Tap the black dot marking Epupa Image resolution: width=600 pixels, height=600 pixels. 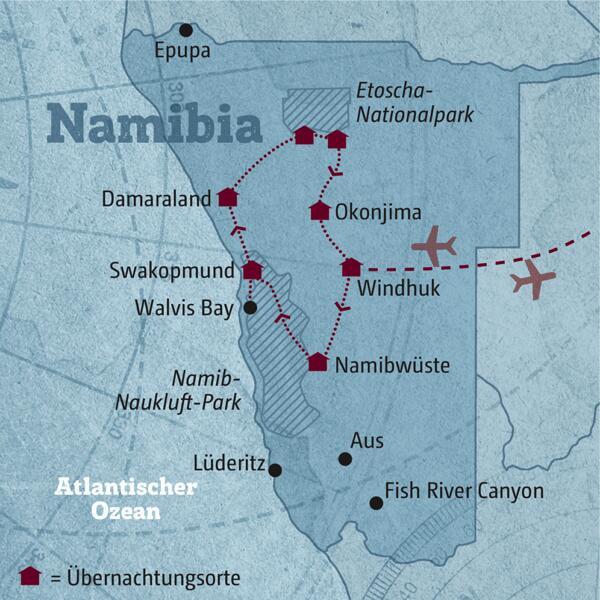[185, 31]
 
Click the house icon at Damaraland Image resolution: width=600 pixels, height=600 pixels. [228, 197]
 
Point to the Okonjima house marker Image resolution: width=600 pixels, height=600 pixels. [319, 210]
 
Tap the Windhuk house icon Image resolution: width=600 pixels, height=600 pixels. [350, 267]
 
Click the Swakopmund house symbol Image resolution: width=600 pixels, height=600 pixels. [252, 269]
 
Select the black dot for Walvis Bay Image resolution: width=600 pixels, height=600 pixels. [250, 308]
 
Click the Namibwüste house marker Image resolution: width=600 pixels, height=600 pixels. [318, 362]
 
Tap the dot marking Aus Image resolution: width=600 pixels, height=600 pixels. [345, 459]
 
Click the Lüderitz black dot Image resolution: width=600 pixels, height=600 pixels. [275, 470]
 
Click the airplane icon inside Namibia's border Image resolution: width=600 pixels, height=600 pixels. [434, 246]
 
